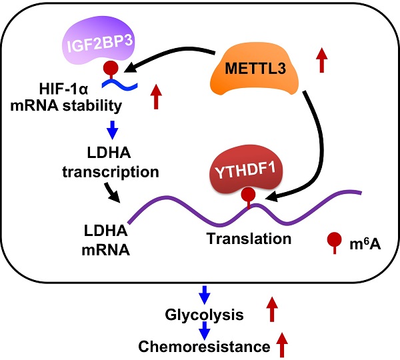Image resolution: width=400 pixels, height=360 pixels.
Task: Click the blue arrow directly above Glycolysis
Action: pyautogui.click(x=206, y=293)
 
